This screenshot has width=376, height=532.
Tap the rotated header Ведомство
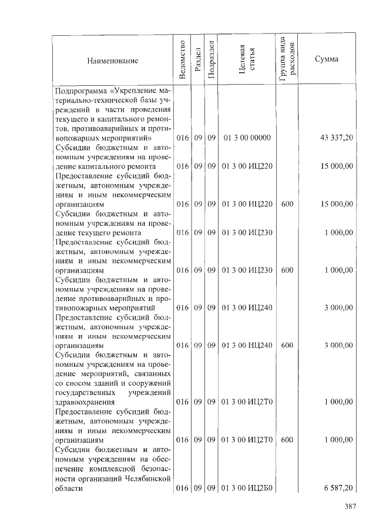point(182,60)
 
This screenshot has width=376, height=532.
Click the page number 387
point(350,507)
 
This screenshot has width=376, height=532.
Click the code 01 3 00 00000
point(247,138)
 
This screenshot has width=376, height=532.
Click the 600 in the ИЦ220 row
point(287,204)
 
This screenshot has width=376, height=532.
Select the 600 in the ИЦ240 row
point(287,345)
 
